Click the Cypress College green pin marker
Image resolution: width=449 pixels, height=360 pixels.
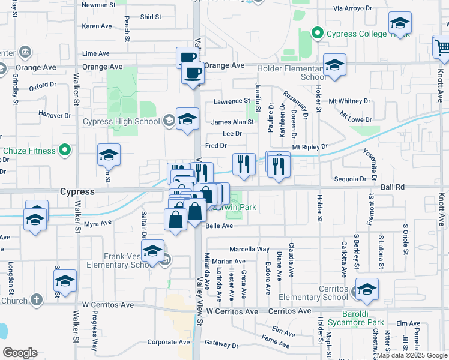click(318, 34)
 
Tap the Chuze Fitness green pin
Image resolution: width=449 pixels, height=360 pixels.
click(65, 150)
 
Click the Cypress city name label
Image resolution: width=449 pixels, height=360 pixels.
click(77, 192)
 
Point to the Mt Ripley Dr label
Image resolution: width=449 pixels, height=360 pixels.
click(310, 146)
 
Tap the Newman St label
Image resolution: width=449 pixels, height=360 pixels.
click(98, 5)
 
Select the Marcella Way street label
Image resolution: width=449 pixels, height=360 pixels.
click(250, 249)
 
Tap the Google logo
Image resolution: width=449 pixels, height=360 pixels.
click(20, 353)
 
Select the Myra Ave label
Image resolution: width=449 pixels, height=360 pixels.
click(98, 223)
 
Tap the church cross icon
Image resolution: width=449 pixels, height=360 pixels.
click(37, 299)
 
